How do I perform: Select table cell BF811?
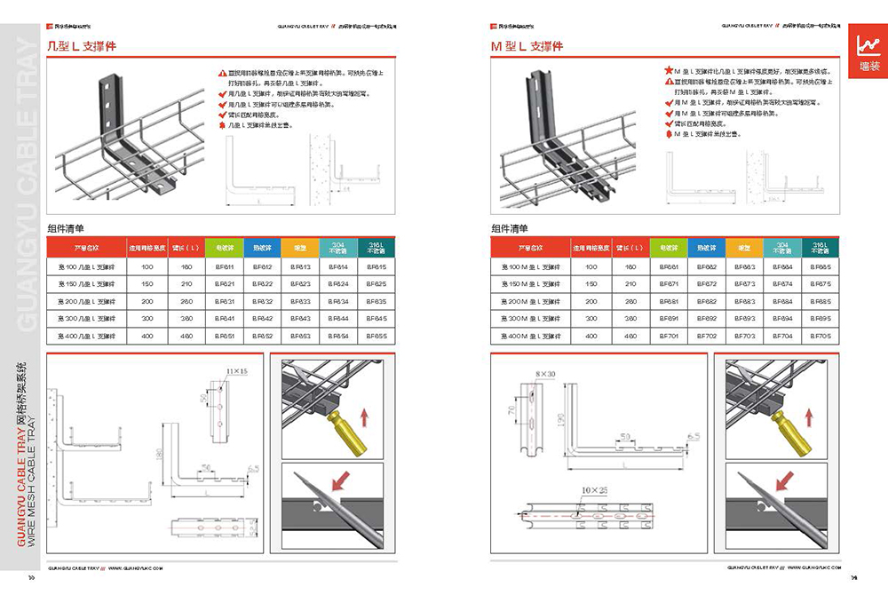point(224,266)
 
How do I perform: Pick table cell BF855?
point(376,337)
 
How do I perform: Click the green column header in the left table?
point(224,247)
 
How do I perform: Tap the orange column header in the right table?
point(745,247)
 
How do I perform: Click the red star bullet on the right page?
point(668,69)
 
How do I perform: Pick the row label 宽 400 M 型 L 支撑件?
point(531,337)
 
